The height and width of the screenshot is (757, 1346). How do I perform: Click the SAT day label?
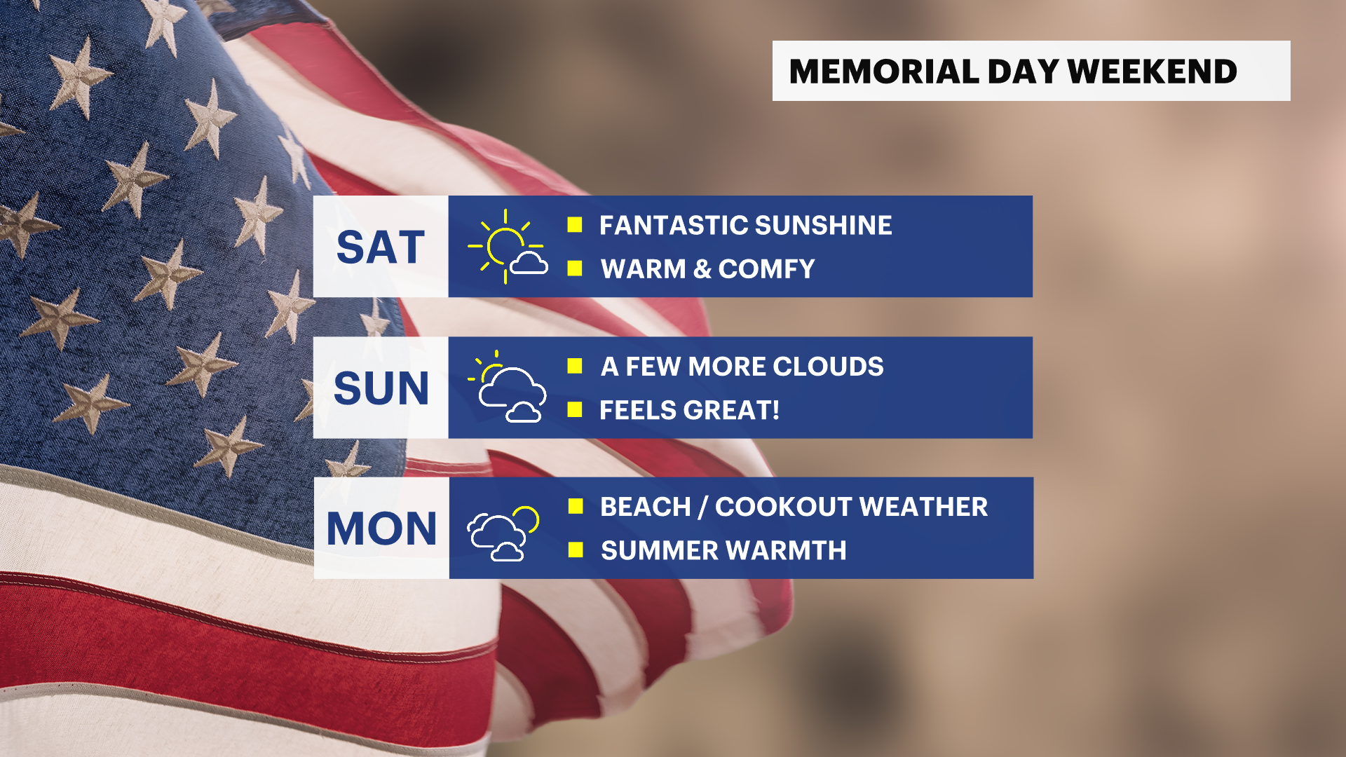coord(381,247)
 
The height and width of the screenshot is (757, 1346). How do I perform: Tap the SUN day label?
coord(381,388)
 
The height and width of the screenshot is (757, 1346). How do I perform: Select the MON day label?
coord(382,528)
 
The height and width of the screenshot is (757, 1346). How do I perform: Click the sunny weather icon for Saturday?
coord(508,246)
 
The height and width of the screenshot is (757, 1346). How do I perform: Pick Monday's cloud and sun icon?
coord(503,533)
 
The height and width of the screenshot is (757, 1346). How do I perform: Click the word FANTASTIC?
coord(673,226)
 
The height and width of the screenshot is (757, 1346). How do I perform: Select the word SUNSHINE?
coord(824,226)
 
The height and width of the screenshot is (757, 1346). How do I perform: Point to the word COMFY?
coord(766,269)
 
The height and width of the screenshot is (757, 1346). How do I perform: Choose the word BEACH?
coord(646,507)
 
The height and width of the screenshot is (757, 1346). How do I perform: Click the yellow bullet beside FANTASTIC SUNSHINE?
coord(575,224)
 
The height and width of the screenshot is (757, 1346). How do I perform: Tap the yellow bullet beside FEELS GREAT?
coord(575,409)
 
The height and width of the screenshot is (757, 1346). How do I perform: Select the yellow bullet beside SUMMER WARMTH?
coord(576,550)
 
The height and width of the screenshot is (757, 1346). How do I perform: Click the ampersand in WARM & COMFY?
coord(702,269)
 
